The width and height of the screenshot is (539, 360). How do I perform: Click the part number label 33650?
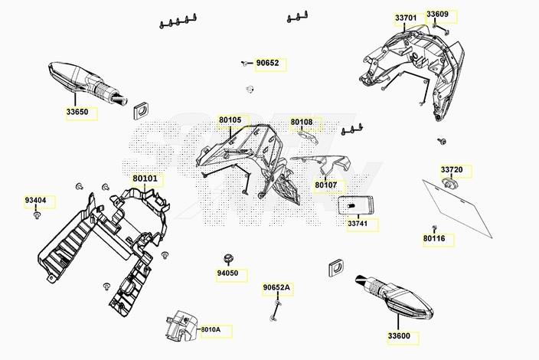point(77,112)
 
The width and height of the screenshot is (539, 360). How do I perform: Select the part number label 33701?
point(406,18)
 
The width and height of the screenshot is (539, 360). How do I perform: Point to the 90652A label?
point(276,288)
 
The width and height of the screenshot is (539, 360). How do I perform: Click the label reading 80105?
point(230,120)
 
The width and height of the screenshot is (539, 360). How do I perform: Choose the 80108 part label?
point(302,122)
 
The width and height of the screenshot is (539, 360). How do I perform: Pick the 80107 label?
point(325,185)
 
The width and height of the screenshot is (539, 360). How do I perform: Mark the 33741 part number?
point(358,224)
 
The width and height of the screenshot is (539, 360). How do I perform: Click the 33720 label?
point(451,169)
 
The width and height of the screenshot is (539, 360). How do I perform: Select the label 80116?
point(433,240)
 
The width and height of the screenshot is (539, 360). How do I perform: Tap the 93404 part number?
point(35,201)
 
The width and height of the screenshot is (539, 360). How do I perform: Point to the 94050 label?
point(227,273)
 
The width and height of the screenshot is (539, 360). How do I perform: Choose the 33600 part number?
point(398,336)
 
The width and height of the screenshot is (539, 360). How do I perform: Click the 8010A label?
point(211,330)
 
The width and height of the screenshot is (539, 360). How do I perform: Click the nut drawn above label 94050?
point(227,257)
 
